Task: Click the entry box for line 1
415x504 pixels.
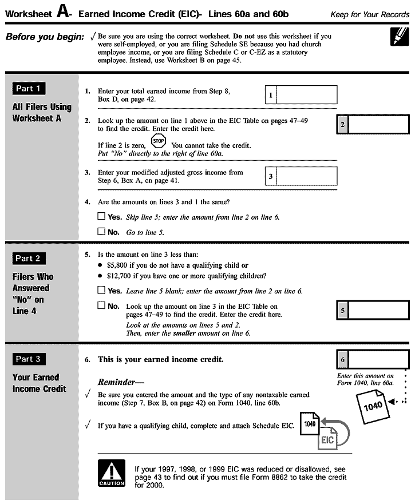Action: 307,95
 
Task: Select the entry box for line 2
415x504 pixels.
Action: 378,124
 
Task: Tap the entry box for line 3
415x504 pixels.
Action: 307,176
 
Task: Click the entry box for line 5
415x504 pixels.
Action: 378,310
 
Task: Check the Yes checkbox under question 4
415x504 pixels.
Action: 101,217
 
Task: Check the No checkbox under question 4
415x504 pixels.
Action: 101,232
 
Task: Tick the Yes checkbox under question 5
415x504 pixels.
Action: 101,291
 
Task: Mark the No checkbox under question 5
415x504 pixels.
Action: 101,305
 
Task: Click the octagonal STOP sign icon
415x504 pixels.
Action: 159,141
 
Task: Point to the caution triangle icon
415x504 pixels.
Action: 112,473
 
